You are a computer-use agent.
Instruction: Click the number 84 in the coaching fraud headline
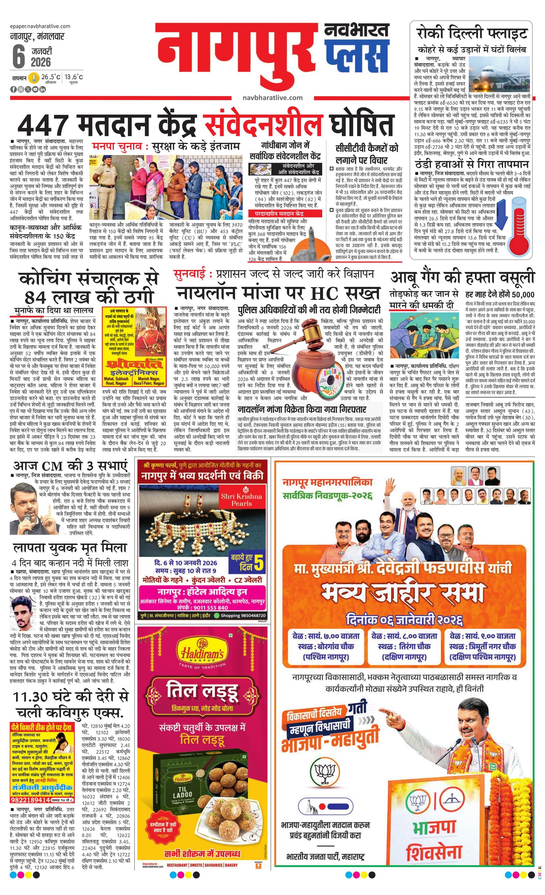point(35,298)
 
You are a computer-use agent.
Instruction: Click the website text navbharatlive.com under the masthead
point(272,97)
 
